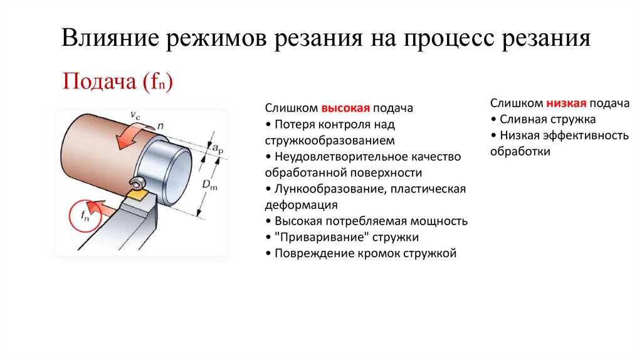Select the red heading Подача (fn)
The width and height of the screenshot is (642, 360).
click(x=118, y=82)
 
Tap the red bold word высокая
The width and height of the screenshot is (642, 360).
click(x=347, y=108)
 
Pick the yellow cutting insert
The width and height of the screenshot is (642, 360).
click(x=139, y=195)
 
